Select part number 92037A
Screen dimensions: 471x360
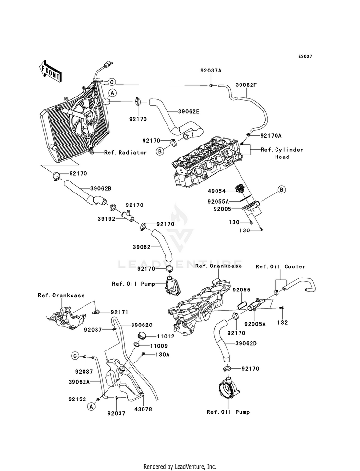[211, 70]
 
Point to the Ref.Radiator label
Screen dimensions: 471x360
[126, 152]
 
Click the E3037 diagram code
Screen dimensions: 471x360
[305, 56]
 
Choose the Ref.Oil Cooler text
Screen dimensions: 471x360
[280, 266]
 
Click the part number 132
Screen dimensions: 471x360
[282, 322]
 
